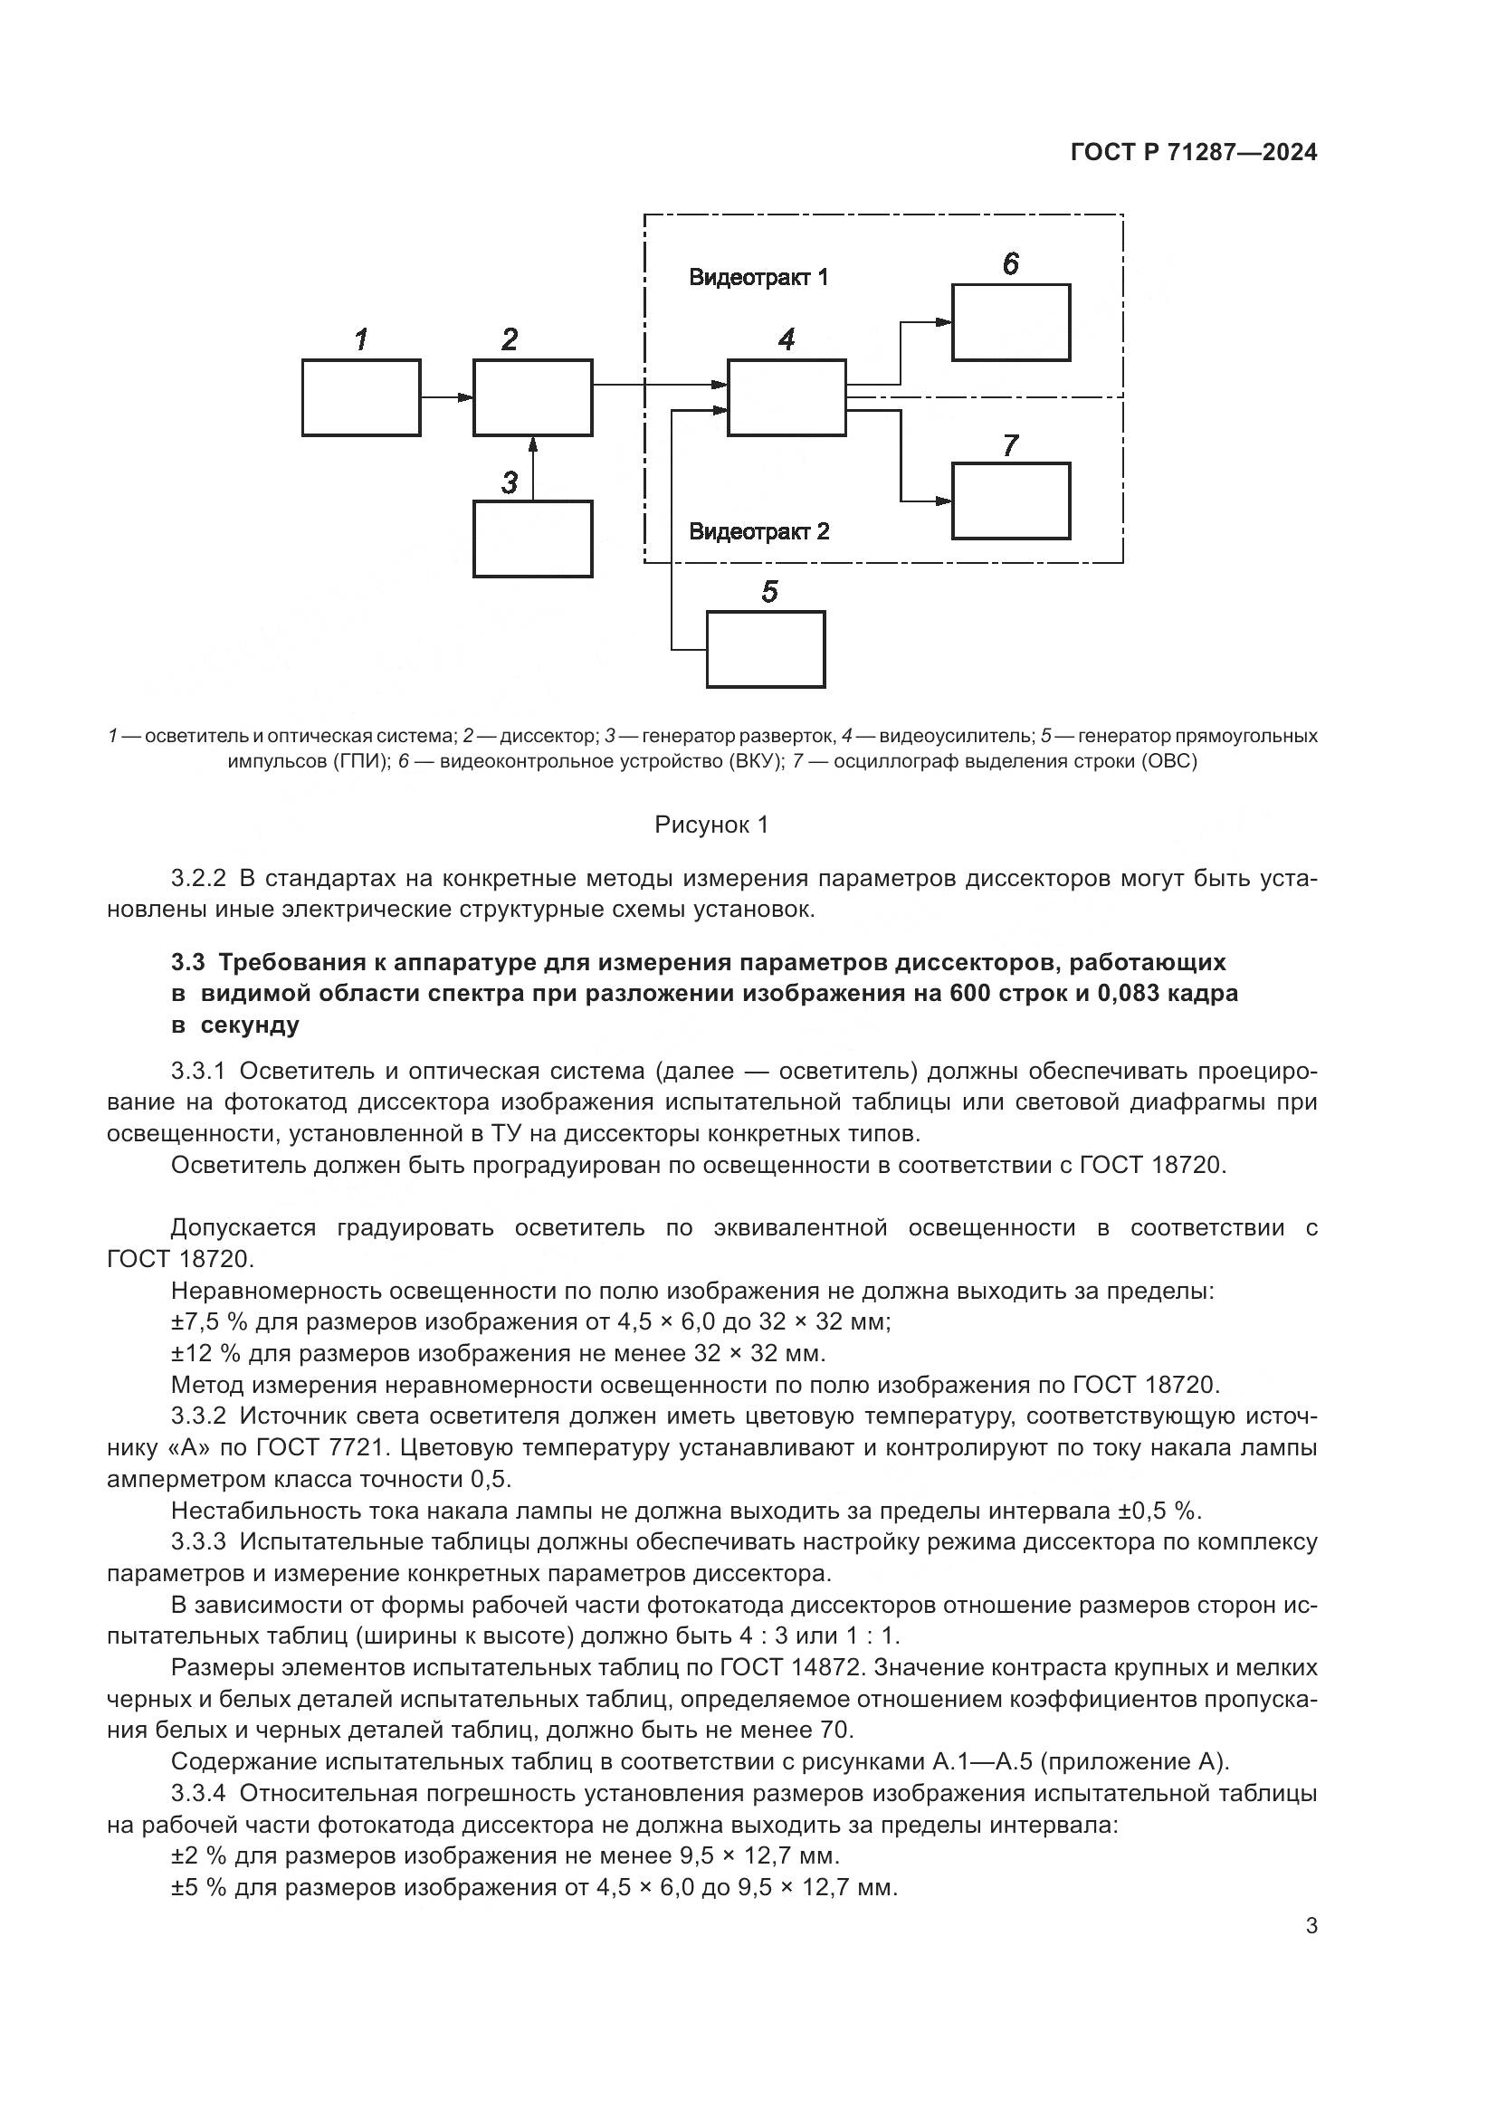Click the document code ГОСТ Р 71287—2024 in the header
pos(1194,153)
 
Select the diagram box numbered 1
pos(361,397)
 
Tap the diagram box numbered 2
pos(533,397)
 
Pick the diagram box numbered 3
pos(533,539)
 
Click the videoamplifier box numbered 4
pos(787,397)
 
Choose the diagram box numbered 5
pos(765,649)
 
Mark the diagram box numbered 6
pos(1010,322)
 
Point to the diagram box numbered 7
pos(1010,501)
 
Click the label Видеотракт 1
pos(758,277)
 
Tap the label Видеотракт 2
pos(758,531)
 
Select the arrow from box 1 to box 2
pos(447,397)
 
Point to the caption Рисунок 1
pos(710,825)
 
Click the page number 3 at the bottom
pos(1311,1925)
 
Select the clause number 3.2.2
pos(198,878)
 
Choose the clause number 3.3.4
pos(198,1793)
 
